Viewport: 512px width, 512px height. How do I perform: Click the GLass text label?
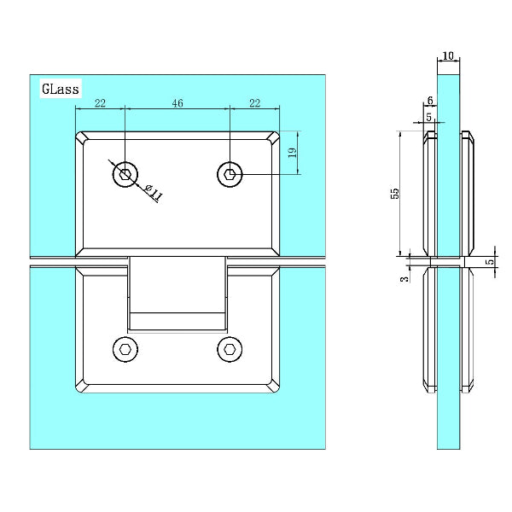(x=60, y=88)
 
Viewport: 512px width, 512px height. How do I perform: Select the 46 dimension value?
(x=177, y=103)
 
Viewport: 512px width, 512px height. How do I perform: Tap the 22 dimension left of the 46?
(x=101, y=103)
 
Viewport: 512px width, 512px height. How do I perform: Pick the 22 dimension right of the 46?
(x=253, y=103)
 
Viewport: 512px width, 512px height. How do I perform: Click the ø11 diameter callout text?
(x=154, y=193)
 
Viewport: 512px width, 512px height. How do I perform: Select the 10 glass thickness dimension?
(x=448, y=55)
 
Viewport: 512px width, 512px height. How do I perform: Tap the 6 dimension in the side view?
(x=429, y=101)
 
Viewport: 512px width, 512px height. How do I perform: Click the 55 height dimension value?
(x=394, y=193)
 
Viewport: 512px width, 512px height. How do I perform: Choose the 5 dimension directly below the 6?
(x=429, y=116)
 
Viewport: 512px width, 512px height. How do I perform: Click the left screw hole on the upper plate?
(x=125, y=175)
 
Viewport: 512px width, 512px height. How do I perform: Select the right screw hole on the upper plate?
(x=230, y=174)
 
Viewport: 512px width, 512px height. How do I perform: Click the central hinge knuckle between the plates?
(x=177, y=294)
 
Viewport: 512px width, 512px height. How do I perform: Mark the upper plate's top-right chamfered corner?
(x=275, y=137)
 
